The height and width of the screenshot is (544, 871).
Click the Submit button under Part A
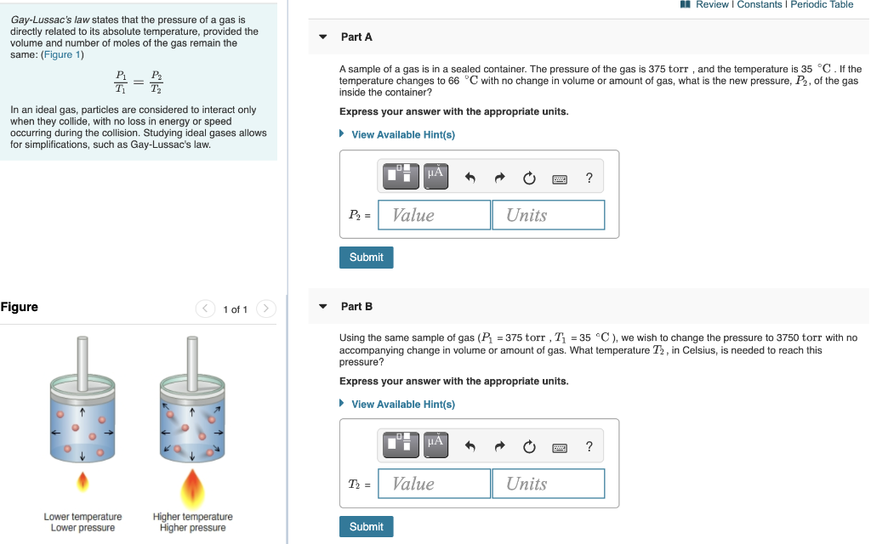pos(366,258)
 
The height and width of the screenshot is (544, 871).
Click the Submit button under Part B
pos(366,527)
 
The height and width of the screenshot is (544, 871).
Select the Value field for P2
pos(435,215)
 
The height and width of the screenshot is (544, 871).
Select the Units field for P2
pos(548,215)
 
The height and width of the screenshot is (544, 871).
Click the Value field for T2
pos(435,484)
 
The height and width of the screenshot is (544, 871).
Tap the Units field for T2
pos(548,484)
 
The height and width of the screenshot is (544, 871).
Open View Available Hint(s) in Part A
pos(402,134)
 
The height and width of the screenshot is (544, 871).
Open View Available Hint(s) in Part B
pos(402,404)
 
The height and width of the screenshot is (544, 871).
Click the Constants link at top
pos(759,5)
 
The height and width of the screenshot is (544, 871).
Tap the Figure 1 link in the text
pos(62,54)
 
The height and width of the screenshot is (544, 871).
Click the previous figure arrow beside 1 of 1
pos(205,309)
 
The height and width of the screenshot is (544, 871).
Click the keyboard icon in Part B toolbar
pos(560,447)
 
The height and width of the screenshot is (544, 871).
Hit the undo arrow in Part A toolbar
pos(470,178)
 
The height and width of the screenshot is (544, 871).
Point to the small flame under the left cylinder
pos(83,483)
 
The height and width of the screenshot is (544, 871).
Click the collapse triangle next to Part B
pos(323,306)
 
